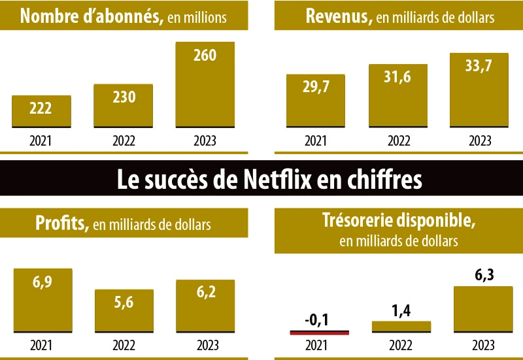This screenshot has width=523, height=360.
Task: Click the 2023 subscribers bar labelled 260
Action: [205, 85]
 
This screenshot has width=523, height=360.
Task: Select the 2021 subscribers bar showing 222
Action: [42, 111]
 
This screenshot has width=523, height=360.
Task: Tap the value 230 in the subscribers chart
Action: [124, 97]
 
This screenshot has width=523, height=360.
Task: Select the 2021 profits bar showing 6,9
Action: [42, 301]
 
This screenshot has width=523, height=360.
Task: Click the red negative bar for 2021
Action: [320, 332]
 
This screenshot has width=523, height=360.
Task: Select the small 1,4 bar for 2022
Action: [401, 326]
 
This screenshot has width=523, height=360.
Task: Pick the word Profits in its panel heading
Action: [62, 224]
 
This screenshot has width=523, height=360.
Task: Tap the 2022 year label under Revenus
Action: [397, 140]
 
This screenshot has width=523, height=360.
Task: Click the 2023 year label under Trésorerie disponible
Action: [483, 346]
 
